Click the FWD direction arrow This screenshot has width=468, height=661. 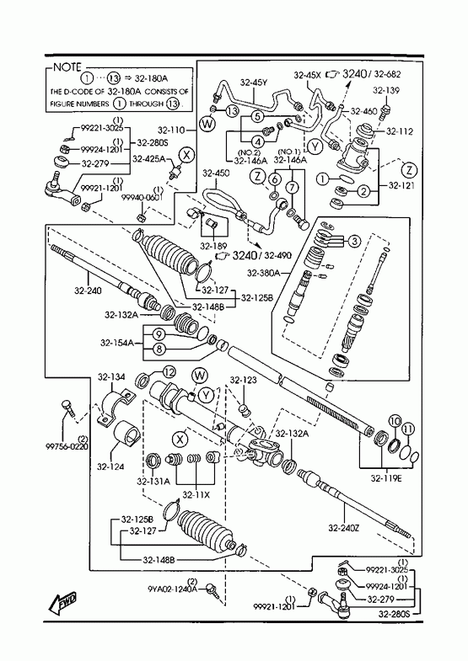point(63,604)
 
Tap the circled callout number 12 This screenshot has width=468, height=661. point(169,372)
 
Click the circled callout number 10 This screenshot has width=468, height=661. point(395,420)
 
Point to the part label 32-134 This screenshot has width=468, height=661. point(111,377)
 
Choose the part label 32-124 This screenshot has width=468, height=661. point(110,466)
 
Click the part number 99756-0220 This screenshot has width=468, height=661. point(67,446)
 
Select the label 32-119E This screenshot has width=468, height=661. point(386,478)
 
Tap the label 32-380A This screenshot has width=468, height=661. point(263,273)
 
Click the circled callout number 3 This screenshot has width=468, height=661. point(354,241)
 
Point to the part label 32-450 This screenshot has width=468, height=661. point(216,173)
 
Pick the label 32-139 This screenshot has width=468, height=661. point(386,90)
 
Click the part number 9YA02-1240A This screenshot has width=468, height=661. point(173,589)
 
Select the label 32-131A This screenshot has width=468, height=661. point(153,481)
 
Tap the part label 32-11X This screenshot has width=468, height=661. point(196,494)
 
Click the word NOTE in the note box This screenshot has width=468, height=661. point(67,67)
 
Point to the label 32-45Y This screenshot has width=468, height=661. point(254,83)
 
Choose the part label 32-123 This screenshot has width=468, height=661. point(243,381)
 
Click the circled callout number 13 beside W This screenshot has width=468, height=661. point(232,111)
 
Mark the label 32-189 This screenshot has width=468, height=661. point(213,246)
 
